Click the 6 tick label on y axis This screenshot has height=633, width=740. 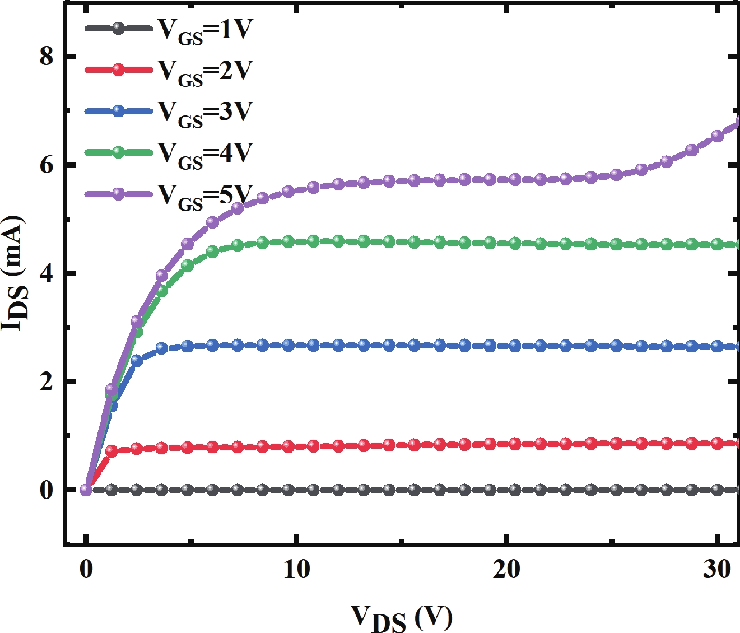47,165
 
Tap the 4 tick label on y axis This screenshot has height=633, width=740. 47,273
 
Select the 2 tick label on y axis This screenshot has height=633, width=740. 47,382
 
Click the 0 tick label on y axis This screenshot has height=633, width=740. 47,490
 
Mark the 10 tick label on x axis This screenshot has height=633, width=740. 296,570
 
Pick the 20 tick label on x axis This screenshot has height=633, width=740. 506,570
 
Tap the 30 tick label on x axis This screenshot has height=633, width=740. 717,570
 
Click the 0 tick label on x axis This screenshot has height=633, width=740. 86,570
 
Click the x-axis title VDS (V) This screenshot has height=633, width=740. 402,618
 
